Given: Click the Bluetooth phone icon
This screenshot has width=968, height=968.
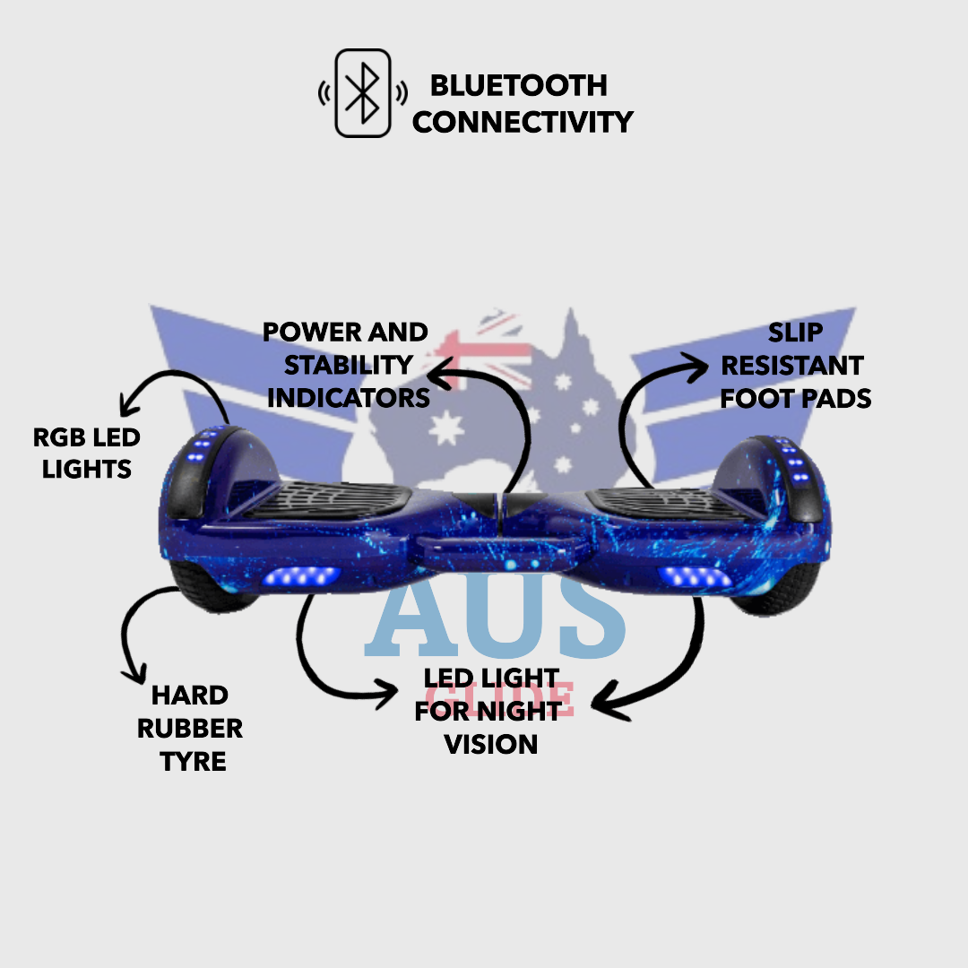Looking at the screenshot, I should tap(363, 93).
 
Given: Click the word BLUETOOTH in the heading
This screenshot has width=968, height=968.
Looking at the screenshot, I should tap(519, 86).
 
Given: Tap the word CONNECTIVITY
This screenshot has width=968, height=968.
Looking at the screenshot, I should tap(523, 121).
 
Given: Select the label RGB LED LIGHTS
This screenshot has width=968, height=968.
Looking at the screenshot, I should tap(87, 453).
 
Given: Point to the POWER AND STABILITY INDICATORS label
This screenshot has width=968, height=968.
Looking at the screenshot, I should tap(347, 365).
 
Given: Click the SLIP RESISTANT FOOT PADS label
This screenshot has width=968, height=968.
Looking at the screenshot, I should tap(795, 366).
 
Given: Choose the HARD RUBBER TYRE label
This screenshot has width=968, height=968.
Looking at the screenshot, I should tap(190, 728).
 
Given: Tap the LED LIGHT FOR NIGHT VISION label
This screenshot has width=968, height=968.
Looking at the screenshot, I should tap(491, 711).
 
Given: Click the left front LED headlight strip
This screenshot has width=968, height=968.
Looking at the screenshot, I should tap(301, 575).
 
